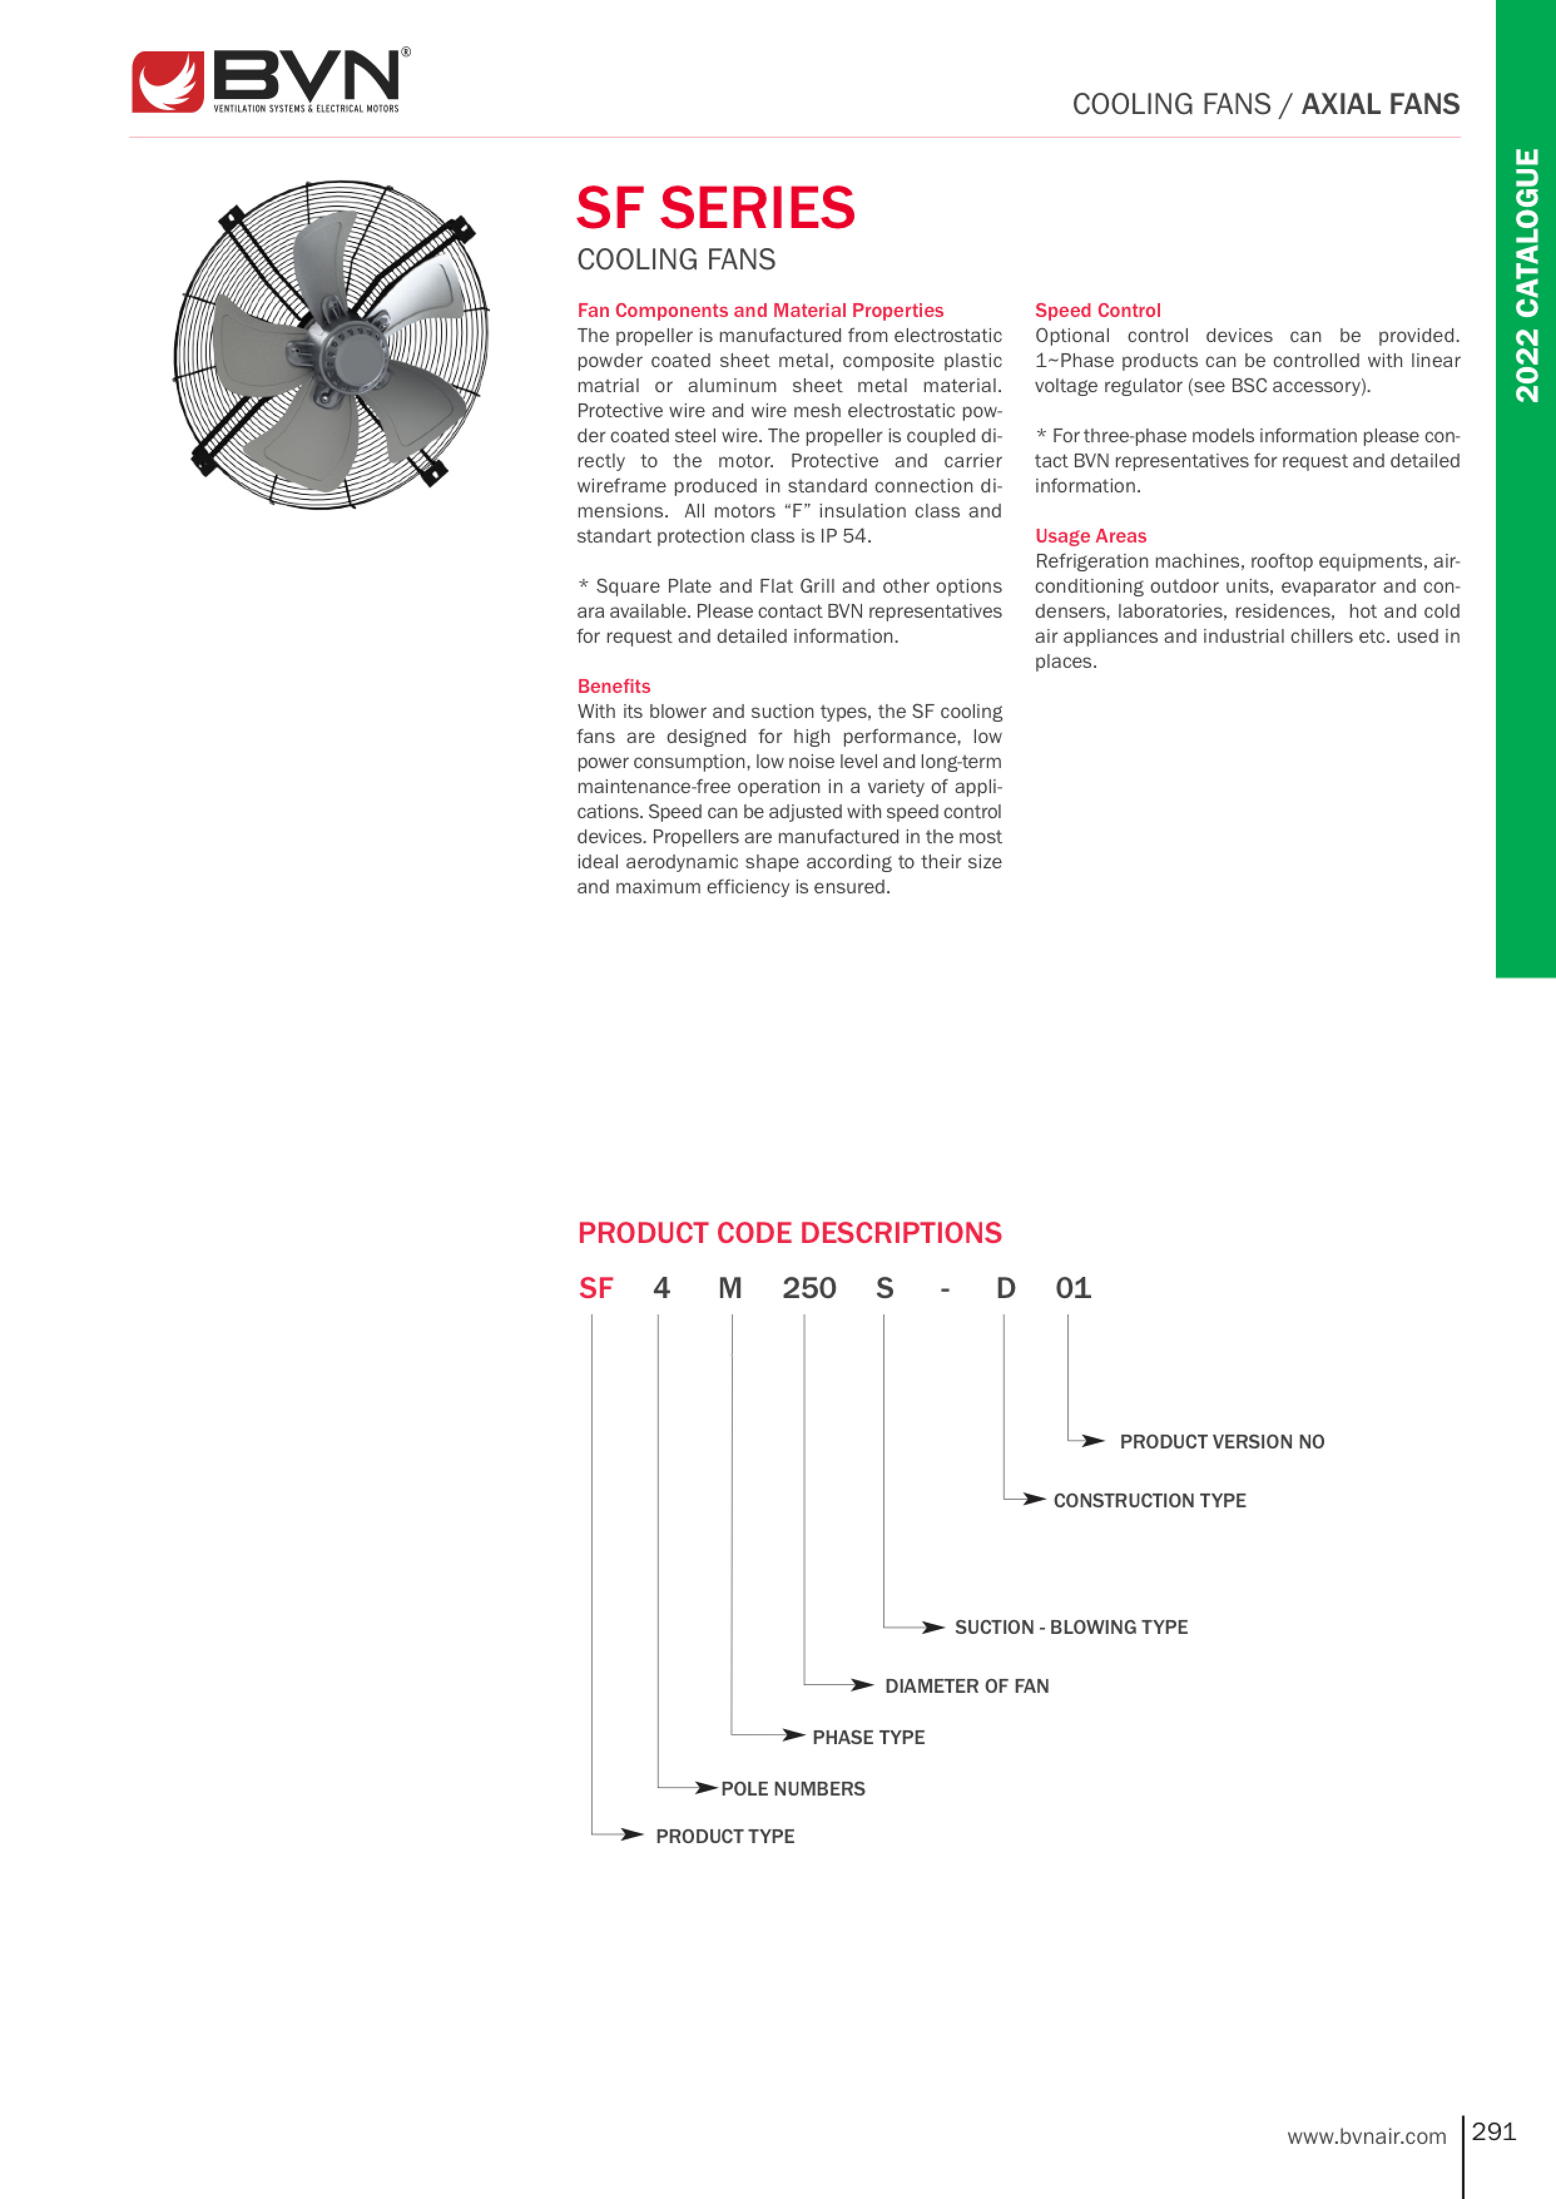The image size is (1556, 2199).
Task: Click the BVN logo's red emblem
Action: point(168,83)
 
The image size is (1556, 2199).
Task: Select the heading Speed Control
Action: point(1097,311)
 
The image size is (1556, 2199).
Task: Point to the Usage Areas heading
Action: point(1091,536)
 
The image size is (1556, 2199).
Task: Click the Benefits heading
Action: point(613,686)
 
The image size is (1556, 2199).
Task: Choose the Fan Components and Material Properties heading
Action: point(760,311)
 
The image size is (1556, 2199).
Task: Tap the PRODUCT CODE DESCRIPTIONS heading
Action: point(789,1232)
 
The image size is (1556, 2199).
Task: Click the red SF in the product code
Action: point(595,1288)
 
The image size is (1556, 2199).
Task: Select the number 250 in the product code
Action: point(809,1288)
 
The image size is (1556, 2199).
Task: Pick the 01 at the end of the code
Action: point(1073,1288)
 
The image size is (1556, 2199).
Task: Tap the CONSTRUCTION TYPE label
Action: point(1149,1500)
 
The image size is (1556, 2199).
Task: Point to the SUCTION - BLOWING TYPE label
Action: point(1071,1627)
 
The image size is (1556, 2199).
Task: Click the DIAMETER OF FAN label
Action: point(966,1685)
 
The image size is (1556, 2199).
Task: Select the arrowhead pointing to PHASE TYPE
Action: point(793,1735)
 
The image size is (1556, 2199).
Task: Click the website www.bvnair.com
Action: point(1366,2136)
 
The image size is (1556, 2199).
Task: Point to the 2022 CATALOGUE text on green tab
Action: point(1527,275)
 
